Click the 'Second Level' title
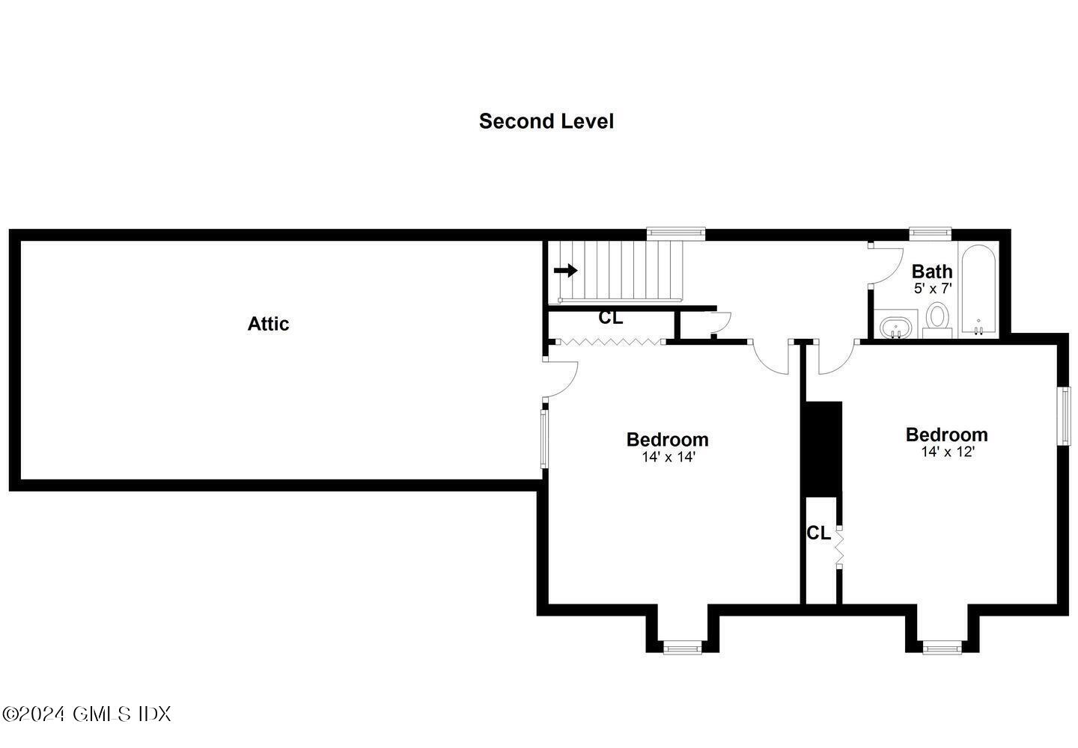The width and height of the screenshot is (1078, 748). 546,121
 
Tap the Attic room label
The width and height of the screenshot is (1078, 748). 268,324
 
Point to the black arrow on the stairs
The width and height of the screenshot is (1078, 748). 566,270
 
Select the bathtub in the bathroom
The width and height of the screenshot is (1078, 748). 978,290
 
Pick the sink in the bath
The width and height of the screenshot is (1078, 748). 895,327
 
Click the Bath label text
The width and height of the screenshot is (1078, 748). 932,271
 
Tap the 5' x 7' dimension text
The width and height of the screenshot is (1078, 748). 932,288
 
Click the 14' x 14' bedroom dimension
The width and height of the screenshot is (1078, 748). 669,457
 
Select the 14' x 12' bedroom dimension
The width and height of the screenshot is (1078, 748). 947,452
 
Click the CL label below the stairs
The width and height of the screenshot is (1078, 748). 610,318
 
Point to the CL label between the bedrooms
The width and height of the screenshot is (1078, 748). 818,533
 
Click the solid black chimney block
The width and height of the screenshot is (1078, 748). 822,449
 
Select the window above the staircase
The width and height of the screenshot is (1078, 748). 676,233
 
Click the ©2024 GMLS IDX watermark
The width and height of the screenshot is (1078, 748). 86,714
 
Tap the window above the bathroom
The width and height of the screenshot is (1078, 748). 930,233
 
